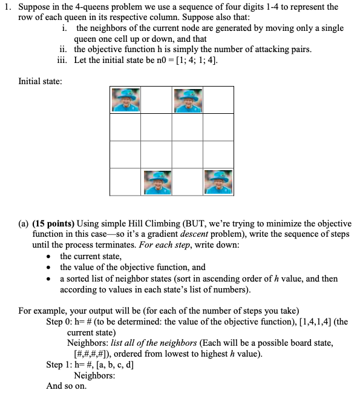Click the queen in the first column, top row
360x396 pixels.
tap(125, 99)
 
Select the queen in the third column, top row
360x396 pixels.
tap(188, 99)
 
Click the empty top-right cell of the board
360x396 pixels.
tap(218, 99)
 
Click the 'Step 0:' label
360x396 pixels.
tap(60, 322)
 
